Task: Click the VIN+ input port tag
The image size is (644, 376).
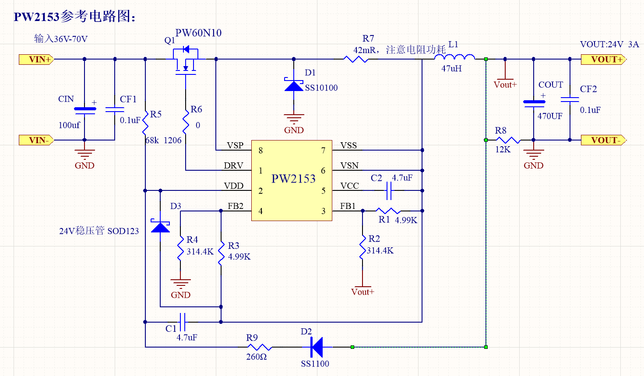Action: [36, 60]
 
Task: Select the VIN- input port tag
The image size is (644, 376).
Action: [36, 140]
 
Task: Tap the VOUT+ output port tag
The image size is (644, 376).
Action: [603, 60]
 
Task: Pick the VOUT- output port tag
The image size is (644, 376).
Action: [603, 140]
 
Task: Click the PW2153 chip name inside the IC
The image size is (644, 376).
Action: [293, 179]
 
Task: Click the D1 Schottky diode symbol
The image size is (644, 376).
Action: [294, 85]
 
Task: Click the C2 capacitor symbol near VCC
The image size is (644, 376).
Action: [388, 191]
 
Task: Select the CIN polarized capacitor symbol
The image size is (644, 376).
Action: [84, 110]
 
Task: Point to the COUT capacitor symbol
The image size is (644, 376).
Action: [534, 103]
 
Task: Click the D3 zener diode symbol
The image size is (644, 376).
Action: [160, 226]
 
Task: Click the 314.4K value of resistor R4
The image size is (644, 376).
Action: [200, 252]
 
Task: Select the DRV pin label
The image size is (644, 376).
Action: [233, 166]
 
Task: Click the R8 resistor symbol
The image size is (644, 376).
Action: [508, 140]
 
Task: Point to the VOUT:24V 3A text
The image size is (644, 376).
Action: [609, 44]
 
